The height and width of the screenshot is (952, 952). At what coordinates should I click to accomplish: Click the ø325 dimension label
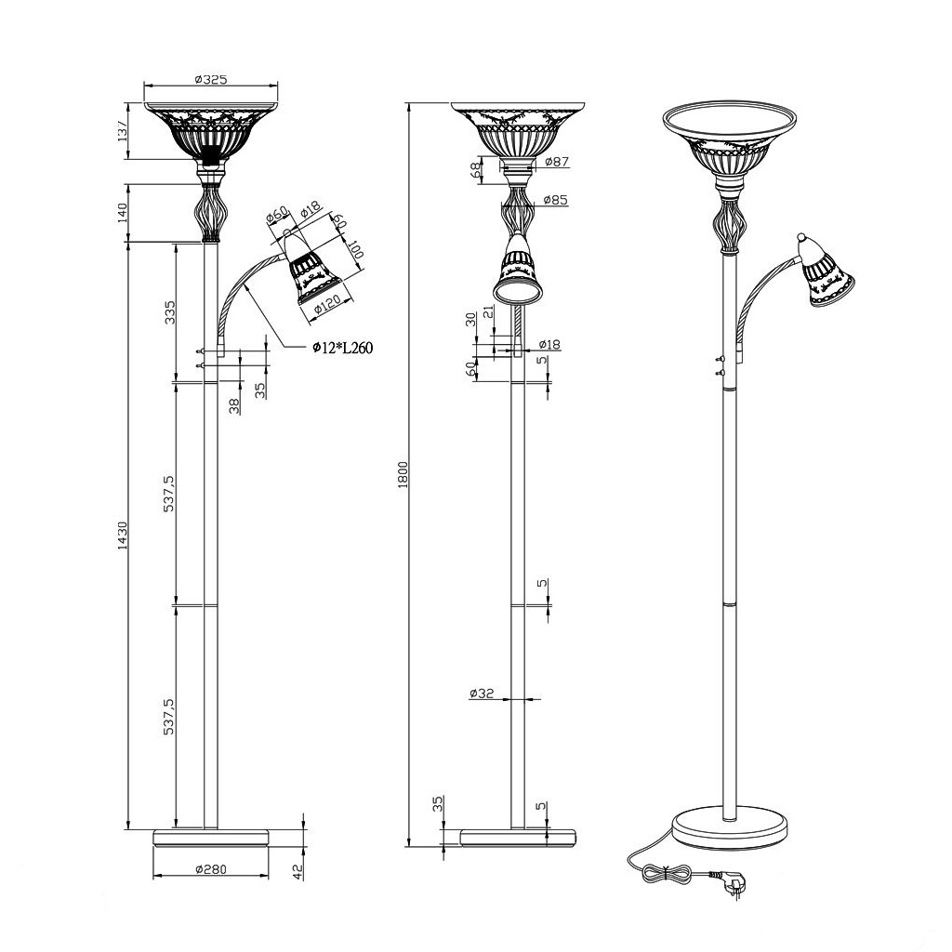tap(211, 80)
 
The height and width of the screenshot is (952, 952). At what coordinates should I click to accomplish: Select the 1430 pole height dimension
tap(123, 535)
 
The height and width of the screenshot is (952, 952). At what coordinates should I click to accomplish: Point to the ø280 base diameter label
tap(211, 869)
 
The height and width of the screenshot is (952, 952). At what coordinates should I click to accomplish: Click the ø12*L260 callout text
tap(342, 348)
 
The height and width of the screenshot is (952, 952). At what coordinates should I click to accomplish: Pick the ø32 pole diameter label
tap(483, 693)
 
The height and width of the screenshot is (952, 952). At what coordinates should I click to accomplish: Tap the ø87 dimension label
tap(557, 162)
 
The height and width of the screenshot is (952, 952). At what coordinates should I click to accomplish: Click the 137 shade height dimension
tap(123, 131)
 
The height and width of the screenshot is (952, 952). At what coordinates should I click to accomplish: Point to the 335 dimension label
tap(170, 312)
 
